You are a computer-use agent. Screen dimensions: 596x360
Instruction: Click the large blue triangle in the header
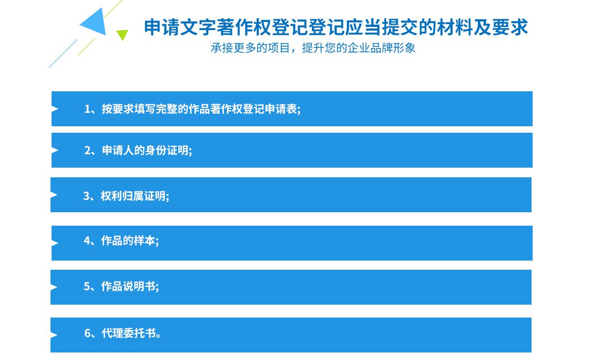(96, 23)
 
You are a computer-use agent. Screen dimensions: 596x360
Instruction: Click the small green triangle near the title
(122, 34)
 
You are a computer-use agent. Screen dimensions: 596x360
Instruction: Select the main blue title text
(336, 27)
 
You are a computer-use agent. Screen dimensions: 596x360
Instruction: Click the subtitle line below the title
(313, 48)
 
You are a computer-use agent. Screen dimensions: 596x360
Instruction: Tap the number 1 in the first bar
(88, 109)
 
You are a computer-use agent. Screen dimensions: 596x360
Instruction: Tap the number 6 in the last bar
(88, 334)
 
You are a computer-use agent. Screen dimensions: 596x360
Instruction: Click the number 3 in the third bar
(86, 196)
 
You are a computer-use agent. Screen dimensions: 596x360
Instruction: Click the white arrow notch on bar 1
(55, 109)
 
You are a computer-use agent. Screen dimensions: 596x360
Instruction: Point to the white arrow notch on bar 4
(55, 243)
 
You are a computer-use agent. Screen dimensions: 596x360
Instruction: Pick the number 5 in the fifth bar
(86, 286)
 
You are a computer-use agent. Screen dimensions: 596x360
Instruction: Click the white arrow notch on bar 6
(54, 335)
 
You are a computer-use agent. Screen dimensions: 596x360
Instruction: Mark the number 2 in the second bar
(88, 150)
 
